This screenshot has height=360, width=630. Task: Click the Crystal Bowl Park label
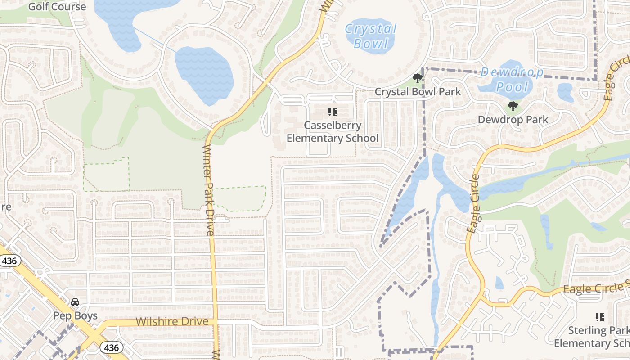tap(418, 92)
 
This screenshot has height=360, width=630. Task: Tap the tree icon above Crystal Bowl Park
tap(418, 78)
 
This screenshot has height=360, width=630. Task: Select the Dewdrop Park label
tap(513, 120)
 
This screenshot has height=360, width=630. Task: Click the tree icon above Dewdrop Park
tap(513, 107)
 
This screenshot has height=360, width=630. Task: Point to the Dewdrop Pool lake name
tap(512, 80)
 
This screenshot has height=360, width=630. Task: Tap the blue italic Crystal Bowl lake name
tap(370, 36)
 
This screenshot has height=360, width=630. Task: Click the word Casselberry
tap(333, 126)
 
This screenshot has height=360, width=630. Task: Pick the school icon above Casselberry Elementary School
tap(333, 112)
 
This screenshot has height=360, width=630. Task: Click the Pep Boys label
tap(76, 315)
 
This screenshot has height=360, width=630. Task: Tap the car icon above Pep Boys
tap(75, 302)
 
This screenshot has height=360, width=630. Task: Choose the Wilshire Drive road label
tap(172, 322)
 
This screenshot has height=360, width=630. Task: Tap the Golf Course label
tap(57, 7)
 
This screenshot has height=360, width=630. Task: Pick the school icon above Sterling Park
tap(599, 317)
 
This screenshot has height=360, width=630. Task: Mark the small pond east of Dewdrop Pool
tap(565, 92)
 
